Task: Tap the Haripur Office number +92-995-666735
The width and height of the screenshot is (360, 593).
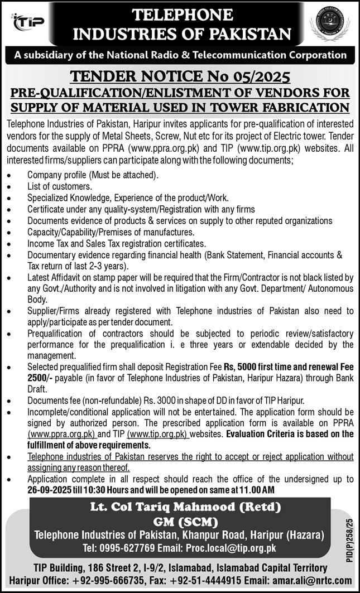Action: (x=94, y=579)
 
